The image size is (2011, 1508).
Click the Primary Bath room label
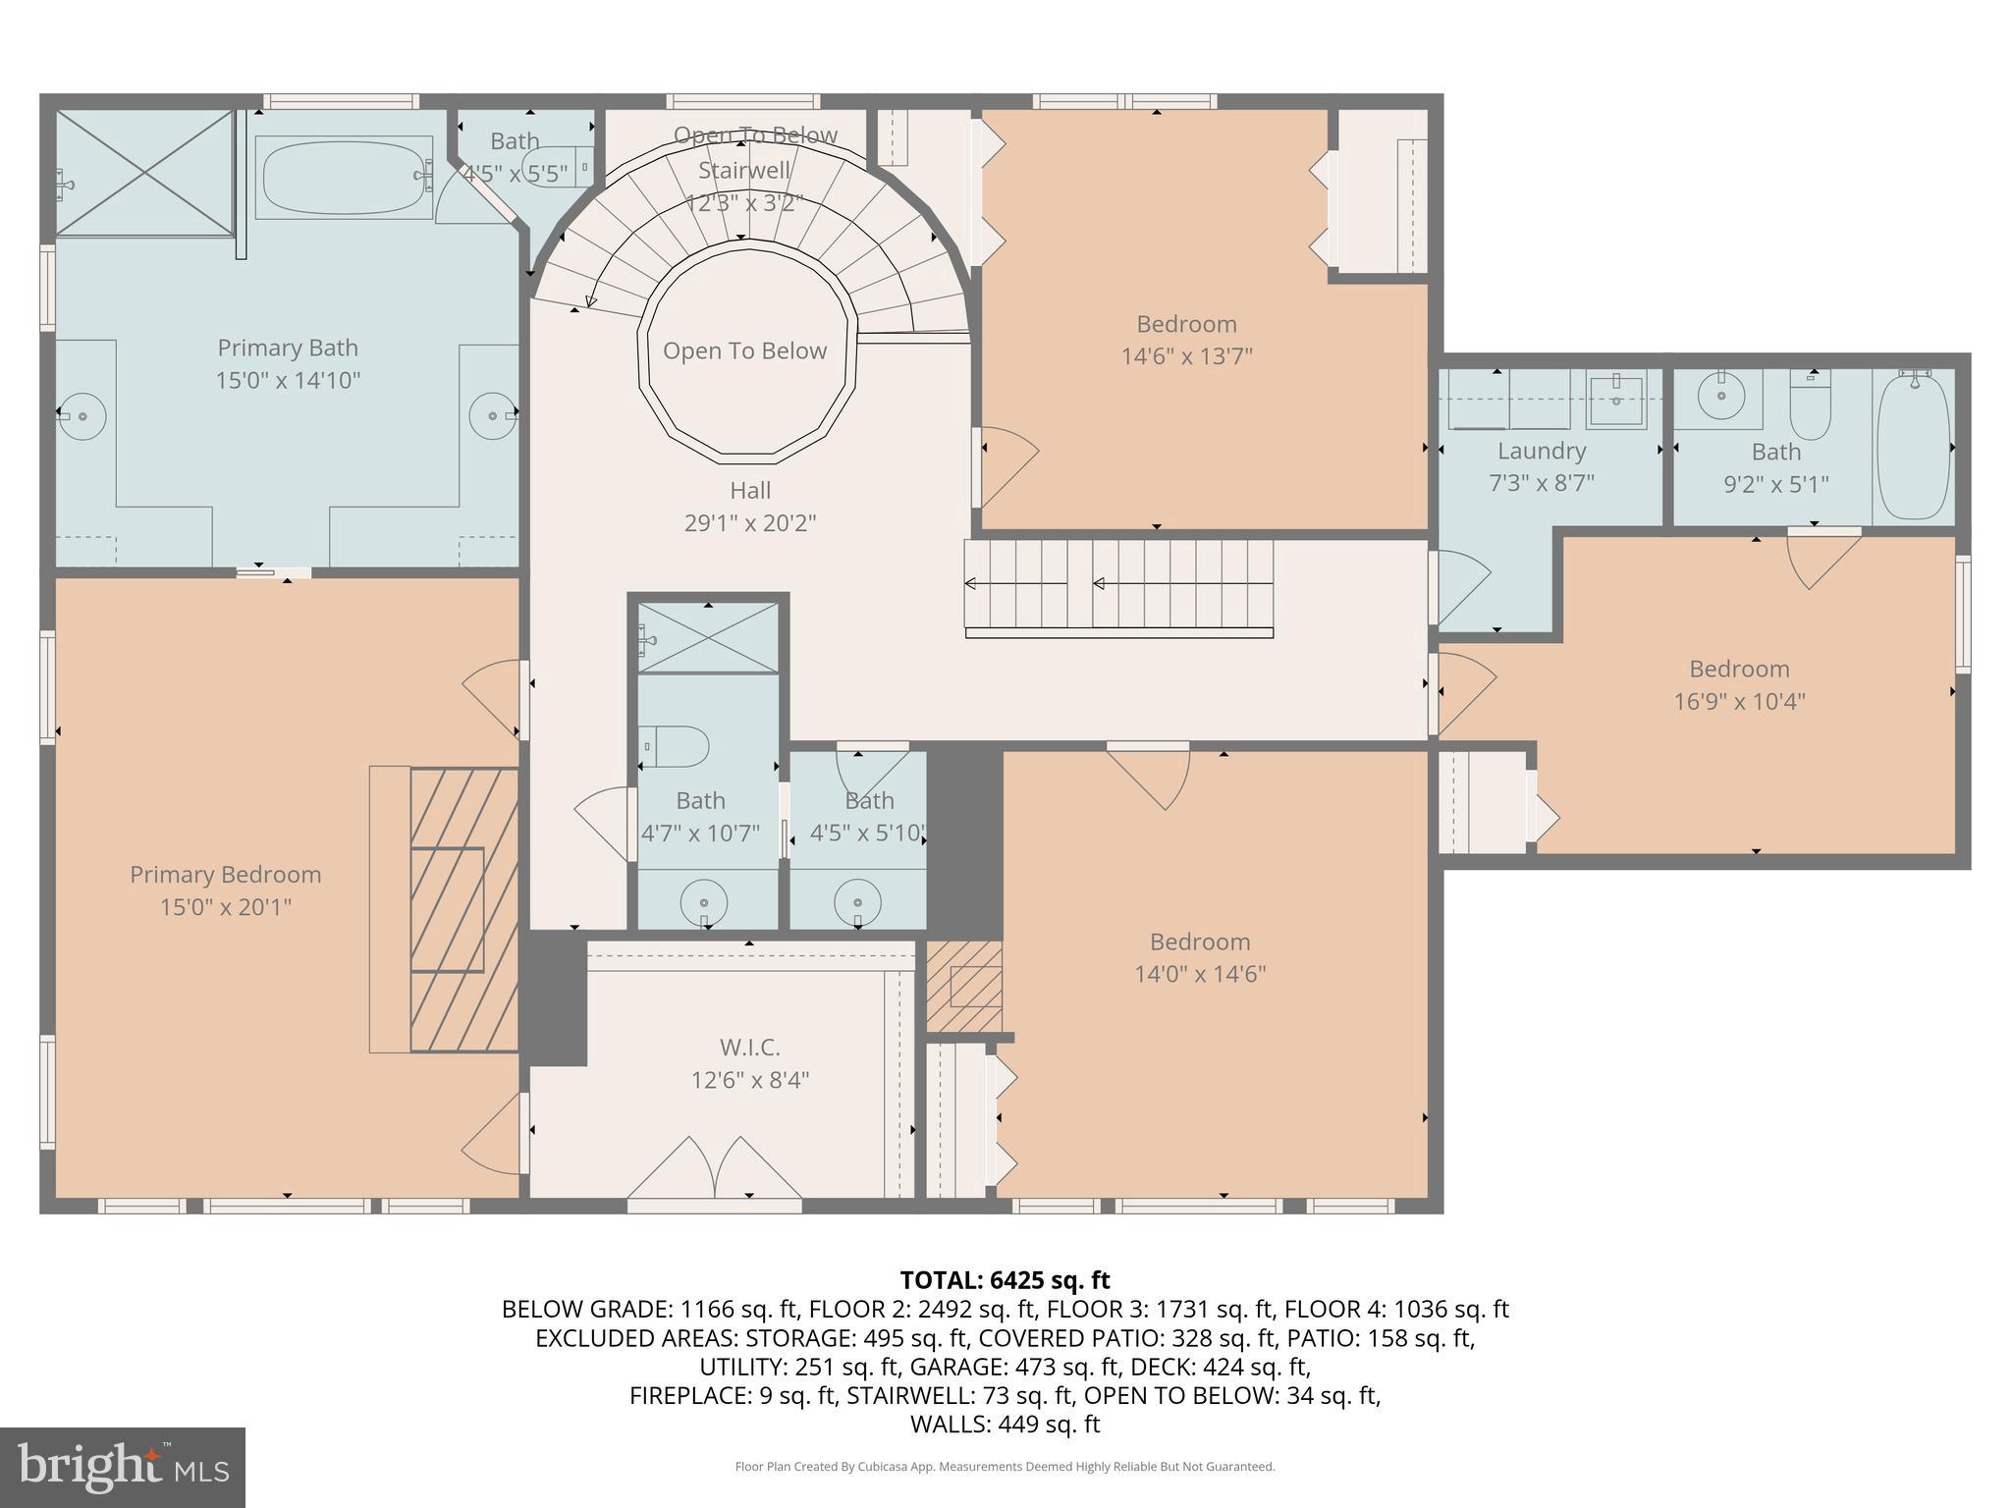[287, 348]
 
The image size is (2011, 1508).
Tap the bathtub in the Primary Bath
[343, 177]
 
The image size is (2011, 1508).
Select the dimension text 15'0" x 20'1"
[226, 906]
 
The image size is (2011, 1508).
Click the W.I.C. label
[749, 1047]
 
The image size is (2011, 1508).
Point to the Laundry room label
[1541, 451]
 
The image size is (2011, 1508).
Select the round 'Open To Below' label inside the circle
[744, 350]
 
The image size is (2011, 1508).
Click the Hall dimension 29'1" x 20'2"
[749, 522]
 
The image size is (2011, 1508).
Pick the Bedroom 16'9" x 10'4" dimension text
[1739, 701]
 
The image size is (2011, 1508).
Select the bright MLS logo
[123, 1467]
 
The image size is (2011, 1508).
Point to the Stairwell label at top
[743, 171]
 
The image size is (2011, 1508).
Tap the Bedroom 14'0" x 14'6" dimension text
[1199, 974]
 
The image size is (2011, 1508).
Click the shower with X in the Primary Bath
[144, 173]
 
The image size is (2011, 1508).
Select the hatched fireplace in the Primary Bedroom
[463, 909]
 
